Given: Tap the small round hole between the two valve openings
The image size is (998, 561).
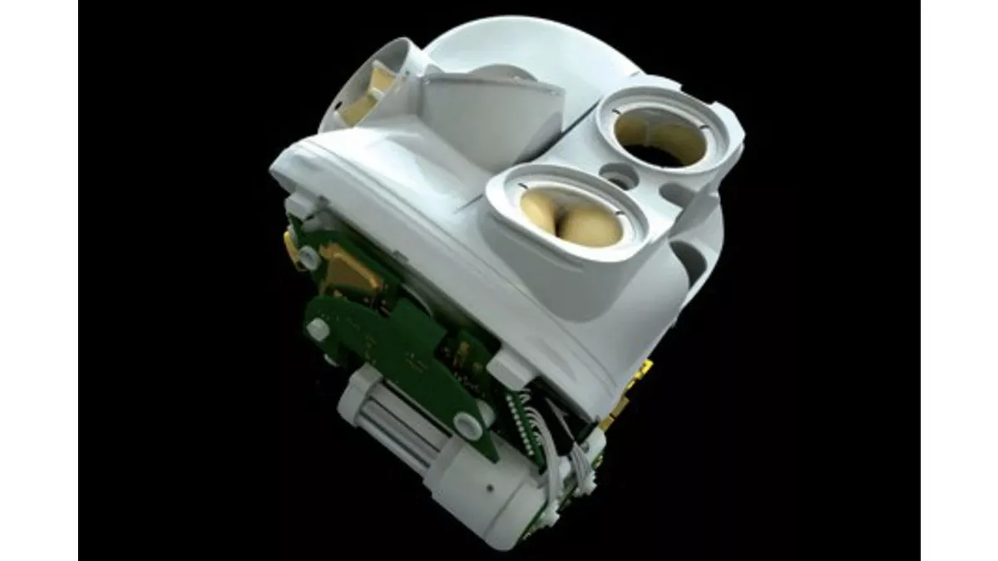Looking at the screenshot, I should tap(617, 176).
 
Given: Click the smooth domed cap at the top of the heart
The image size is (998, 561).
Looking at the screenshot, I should tap(516, 50).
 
